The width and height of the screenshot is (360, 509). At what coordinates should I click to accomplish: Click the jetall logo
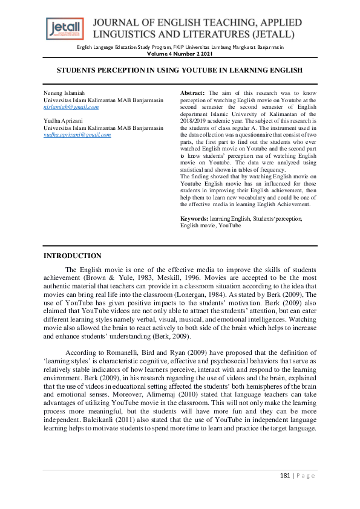[66, 27]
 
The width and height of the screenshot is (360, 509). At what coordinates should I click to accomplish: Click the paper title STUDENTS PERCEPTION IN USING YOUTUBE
[180, 70]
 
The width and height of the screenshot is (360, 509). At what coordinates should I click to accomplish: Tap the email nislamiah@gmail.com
[71, 106]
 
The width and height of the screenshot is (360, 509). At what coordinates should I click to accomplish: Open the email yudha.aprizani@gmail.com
[77, 135]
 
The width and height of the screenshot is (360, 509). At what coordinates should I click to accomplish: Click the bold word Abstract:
[193, 92]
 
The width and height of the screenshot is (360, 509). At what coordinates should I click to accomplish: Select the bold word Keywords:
[194, 218]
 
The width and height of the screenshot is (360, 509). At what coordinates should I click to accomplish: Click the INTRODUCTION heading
[73, 256]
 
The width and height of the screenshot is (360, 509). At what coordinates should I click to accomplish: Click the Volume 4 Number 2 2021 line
[180, 54]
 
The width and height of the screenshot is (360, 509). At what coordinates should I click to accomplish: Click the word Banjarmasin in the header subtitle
[267, 47]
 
